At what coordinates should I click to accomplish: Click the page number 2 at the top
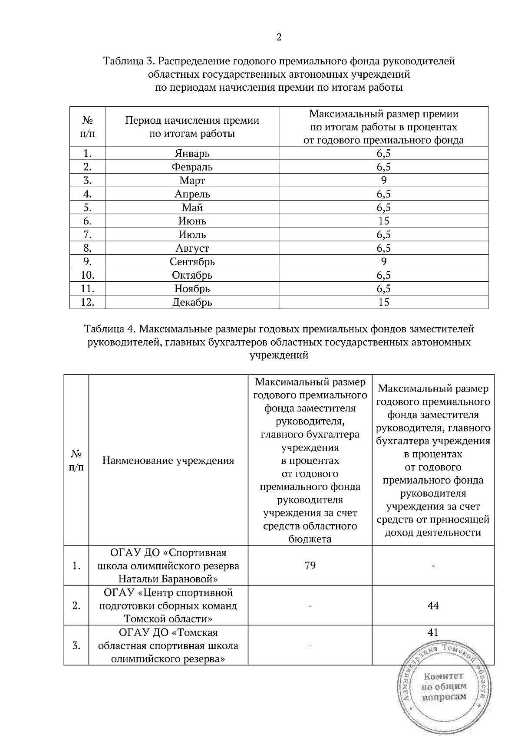tap(279, 37)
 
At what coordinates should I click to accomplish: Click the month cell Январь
tap(192, 154)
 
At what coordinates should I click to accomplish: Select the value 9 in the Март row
tap(383, 180)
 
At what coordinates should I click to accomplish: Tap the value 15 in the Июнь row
tap(383, 221)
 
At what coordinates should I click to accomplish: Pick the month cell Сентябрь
tap(192, 262)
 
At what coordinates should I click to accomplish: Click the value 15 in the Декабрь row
tap(383, 303)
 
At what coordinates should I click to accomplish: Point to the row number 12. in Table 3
tap(87, 303)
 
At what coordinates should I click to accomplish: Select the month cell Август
tap(192, 248)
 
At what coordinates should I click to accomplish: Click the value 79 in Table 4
tap(310, 566)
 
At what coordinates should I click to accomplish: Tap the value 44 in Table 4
tap(433, 605)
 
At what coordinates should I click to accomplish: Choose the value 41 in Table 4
tap(433, 632)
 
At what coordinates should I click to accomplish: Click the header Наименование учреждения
tap(168, 461)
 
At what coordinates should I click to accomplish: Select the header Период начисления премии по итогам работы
tap(192, 127)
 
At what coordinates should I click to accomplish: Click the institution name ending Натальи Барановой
tap(168, 566)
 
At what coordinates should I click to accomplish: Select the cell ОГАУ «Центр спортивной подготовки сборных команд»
tap(168, 605)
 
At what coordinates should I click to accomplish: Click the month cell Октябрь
tap(192, 275)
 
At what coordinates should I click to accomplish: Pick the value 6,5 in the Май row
tap(383, 207)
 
